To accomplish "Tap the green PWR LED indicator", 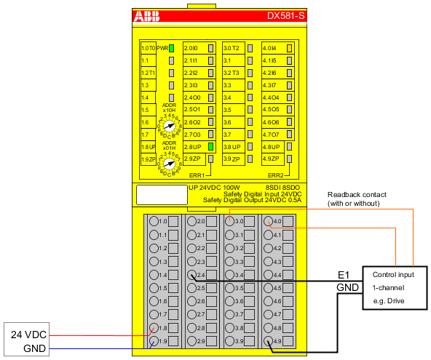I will click(x=172, y=48).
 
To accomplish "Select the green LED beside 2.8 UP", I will click(x=210, y=146).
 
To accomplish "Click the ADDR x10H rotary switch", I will click(x=169, y=125).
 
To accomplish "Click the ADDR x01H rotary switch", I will click(x=169, y=164).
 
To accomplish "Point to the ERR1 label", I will click(x=196, y=175).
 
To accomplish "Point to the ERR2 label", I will click(x=275, y=175).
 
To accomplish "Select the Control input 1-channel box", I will click(x=394, y=288).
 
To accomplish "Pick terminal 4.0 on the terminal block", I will click(x=268, y=222).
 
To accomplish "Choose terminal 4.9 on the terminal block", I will click(x=268, y=341).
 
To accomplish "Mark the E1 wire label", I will click(x=344, y=275).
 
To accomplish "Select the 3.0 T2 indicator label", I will click(x=232, y=48).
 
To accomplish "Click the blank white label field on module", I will click(x=162, y=195).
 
